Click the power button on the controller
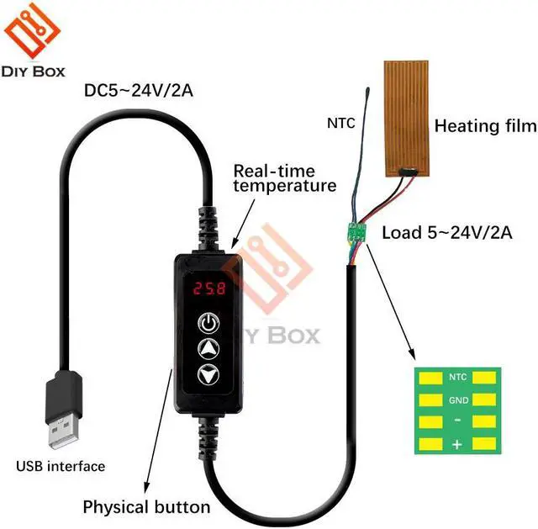(208, 322)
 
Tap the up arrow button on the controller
(208, 349)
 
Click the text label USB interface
(61, 466)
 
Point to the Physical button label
(145, 506)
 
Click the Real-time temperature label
(285, 177)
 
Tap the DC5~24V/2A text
(139, 89)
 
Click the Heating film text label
(484, 126)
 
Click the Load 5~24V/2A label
(446, 232)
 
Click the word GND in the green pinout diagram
(458, 400)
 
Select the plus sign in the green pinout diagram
(457, 444)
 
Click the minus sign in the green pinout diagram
(457, 421)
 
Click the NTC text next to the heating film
(340, 124)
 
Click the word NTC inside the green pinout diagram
(458, 378)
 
